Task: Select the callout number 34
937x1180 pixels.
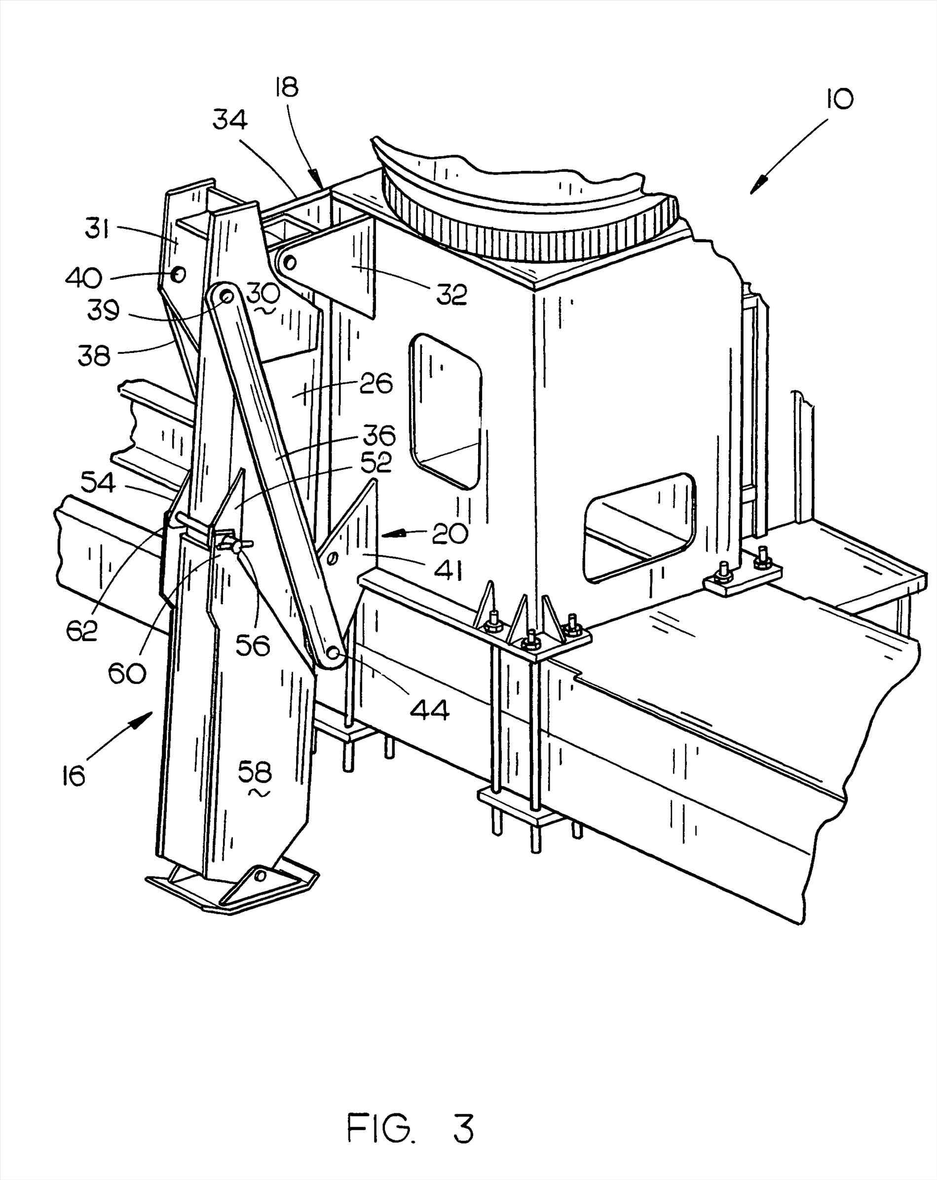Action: click(x=230, y=119)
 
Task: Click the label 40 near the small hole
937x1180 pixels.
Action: click(x=83, y=278)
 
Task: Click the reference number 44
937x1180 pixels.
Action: click(x=430, y=710)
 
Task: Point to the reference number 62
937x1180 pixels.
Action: click(x=82, y=631)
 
